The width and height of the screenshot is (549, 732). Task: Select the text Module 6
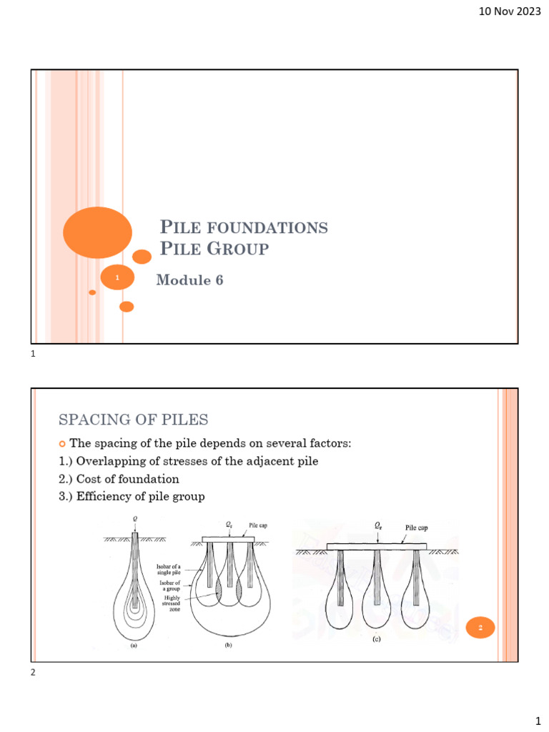coord(189,281)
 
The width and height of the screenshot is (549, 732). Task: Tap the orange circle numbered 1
coord(118,277)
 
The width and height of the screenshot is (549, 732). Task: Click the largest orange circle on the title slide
coord(97,232)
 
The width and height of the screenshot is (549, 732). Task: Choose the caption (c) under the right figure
coord(376,640)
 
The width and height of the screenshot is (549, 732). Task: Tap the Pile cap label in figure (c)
coord(422,529)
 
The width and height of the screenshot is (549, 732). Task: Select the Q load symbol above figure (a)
coord(135,520)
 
